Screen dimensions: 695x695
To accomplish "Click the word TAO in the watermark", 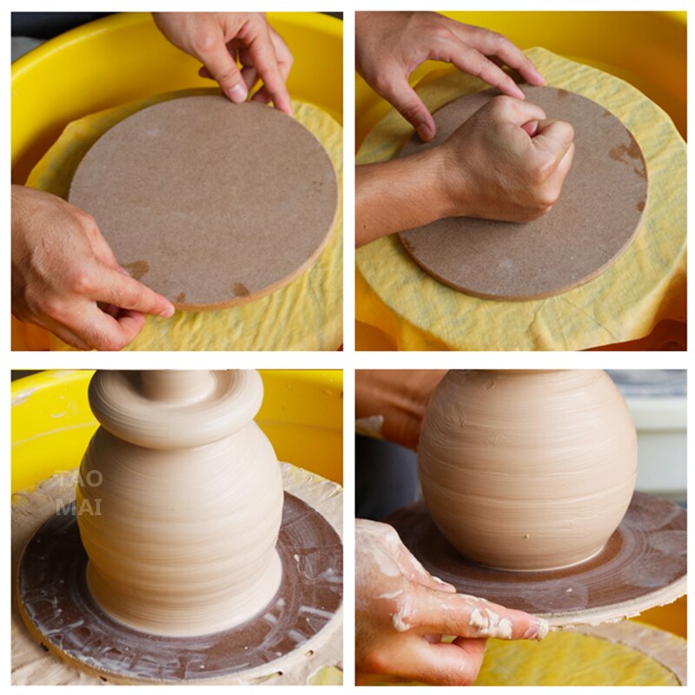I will coord(79,480).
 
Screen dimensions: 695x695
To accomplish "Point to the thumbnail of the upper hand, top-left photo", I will coord(237,90).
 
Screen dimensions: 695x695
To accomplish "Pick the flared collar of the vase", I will coord(174,413).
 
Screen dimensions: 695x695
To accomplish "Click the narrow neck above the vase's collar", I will coord(174,380).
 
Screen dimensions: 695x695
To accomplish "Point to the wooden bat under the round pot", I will coord(643,556).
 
